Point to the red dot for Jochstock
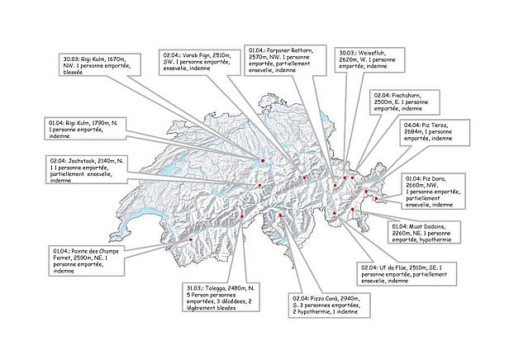261,186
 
